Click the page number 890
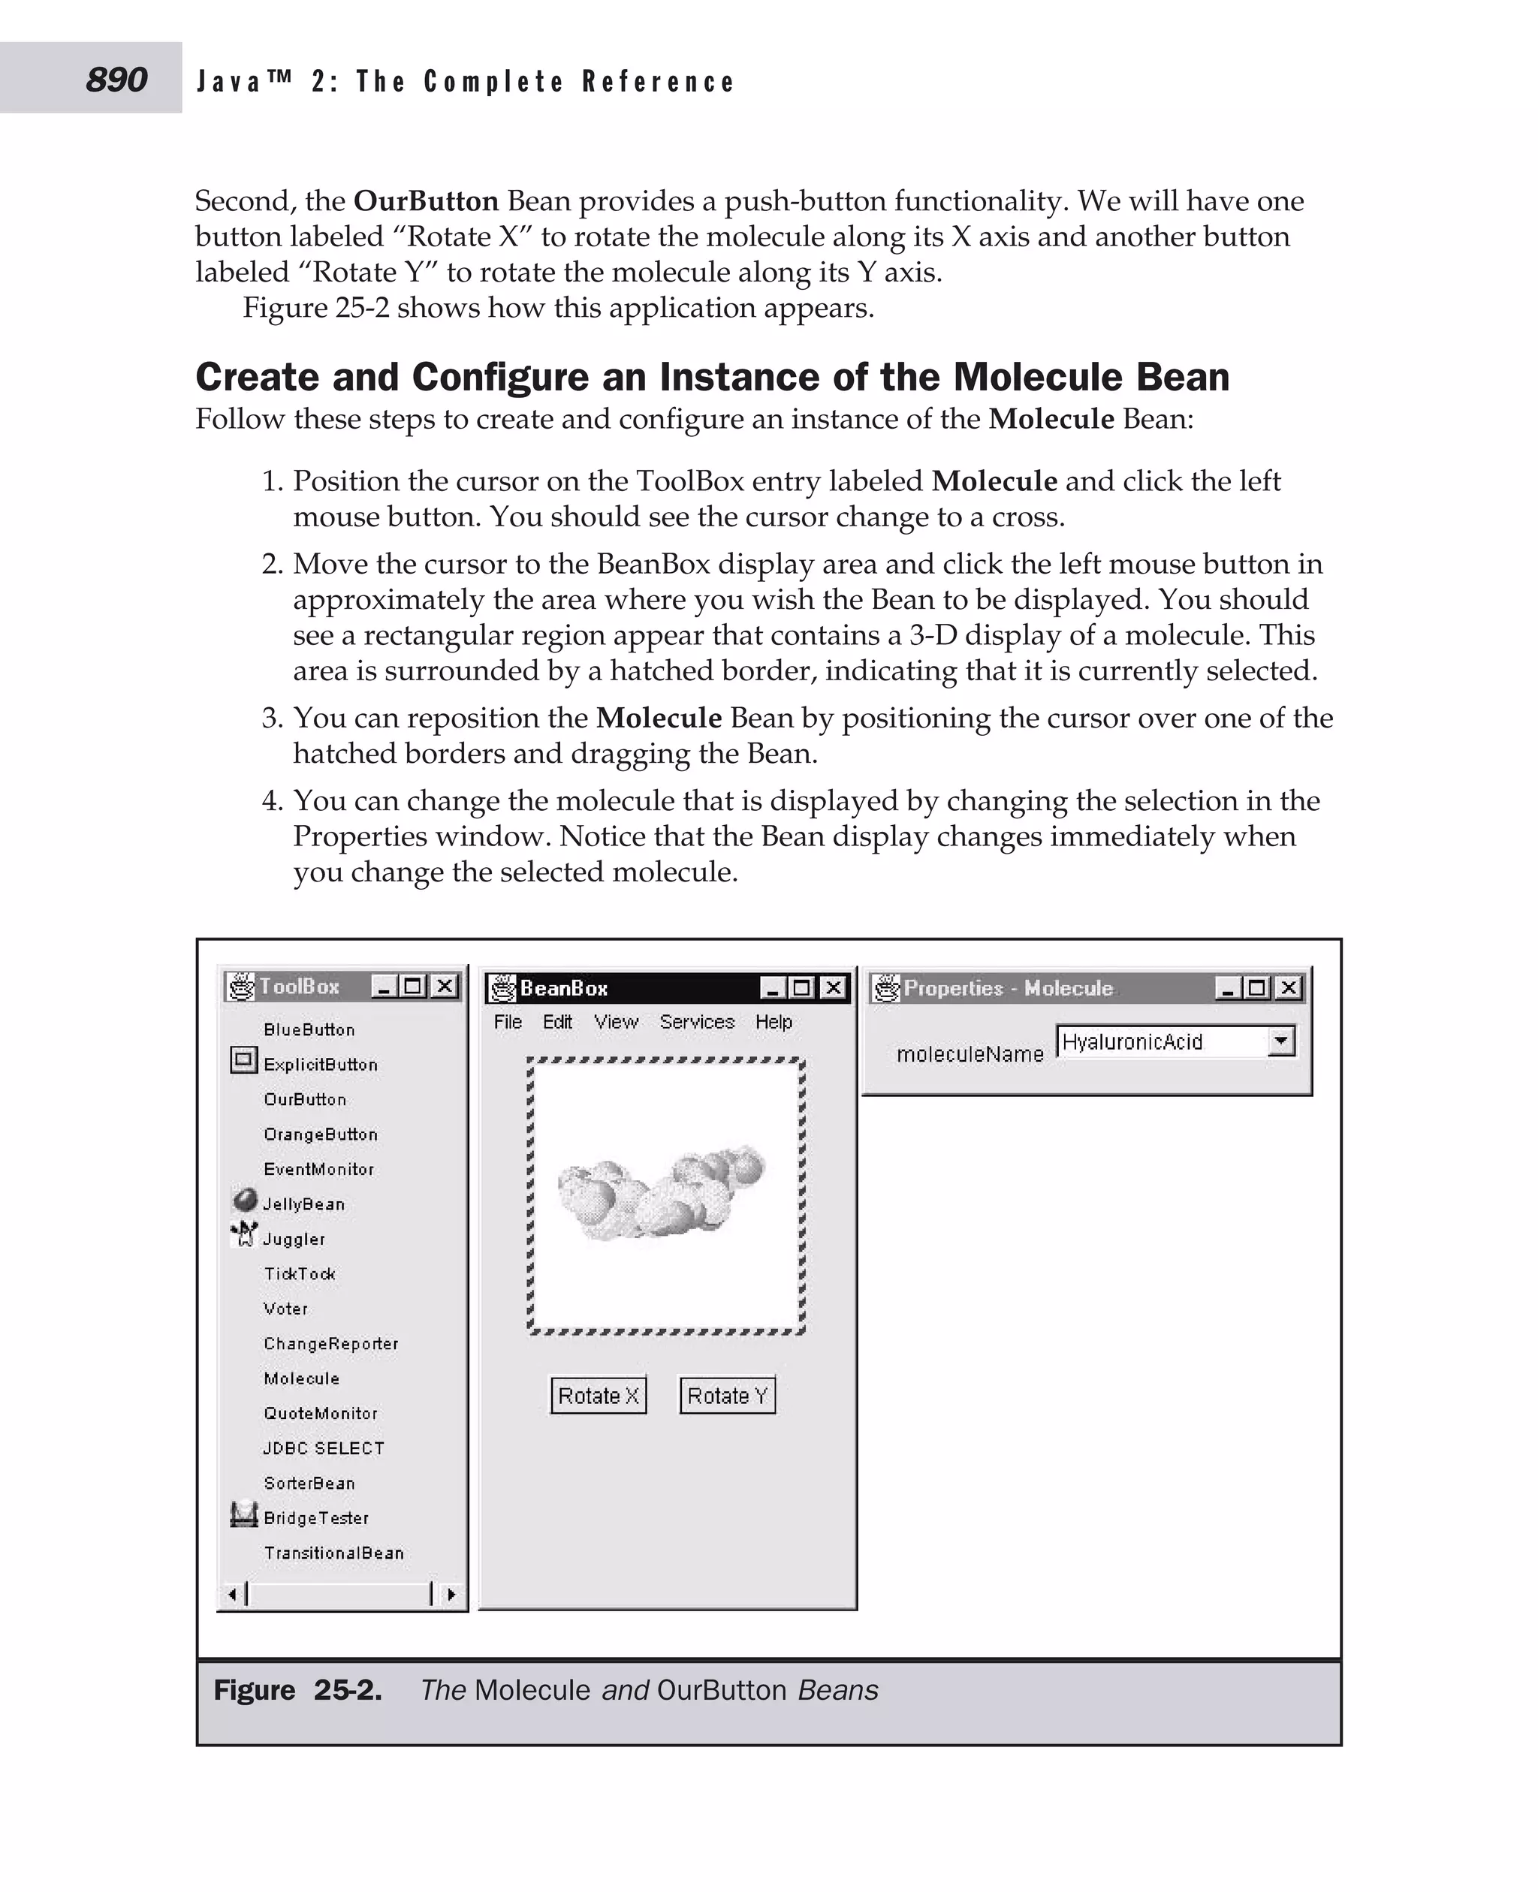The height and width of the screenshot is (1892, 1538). (x=116, y=80)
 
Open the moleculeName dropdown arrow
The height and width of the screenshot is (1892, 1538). (x=1280, y=1041)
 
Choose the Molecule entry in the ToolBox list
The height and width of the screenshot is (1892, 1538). (x=301, y=1378)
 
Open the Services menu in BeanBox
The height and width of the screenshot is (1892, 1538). (x=696, y=1021)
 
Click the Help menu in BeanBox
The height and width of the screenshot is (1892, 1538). (x=774, y=1021)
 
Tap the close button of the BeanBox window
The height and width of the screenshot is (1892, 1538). (x=833, y=987)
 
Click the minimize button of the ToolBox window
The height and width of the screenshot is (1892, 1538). (x=384, y=986)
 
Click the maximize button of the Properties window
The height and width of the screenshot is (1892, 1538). (x=1256, y=987)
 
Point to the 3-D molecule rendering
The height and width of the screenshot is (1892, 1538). (x=660, y=1192)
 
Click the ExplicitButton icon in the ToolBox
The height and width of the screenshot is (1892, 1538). (x=243, y=1059)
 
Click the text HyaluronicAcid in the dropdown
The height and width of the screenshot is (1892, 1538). (x=1132, y=1041)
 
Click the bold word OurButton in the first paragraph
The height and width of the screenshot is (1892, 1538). (x=426, y=201)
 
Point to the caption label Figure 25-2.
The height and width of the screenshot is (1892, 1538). (x=297, y=1690)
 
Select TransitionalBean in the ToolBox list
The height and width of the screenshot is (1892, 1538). (x=333, y=1553)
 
